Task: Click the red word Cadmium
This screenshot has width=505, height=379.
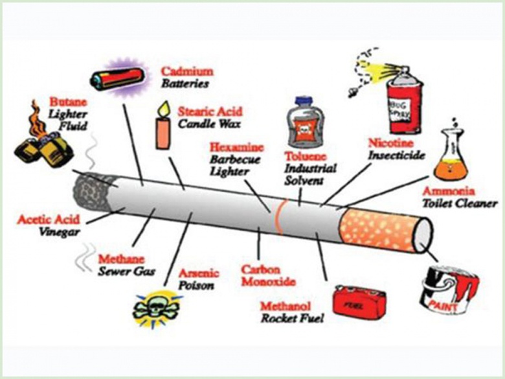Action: coord(186,71)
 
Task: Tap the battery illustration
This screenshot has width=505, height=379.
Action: coord(117,77)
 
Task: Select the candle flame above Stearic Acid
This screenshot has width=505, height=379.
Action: coord(161,107)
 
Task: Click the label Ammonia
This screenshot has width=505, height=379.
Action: coord(448,192)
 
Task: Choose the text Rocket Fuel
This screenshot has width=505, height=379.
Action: coord(291,317)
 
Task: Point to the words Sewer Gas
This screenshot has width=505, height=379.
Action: coord(126,271)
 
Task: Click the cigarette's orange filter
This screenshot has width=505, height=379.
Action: coord(383,229)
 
